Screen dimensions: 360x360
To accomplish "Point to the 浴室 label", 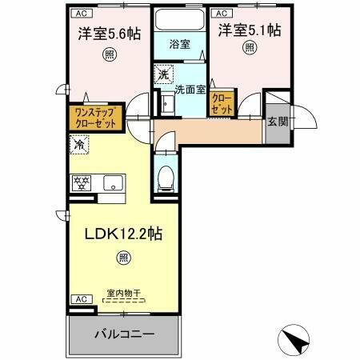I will click(x=179, y=44).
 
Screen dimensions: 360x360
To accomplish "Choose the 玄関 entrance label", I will click(x=278, y=122).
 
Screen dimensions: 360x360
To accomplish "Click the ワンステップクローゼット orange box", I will click(x=96, y=118).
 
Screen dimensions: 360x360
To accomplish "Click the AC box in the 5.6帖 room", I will click(x=82, y=13).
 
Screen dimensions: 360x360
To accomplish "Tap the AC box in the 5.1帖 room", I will click(x=222, y=13).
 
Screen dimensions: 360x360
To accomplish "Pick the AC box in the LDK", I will click(x=81, y=298).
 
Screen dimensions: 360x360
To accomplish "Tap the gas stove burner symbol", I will click(x=81, y=182).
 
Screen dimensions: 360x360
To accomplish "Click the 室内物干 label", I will click(x=123, y=294).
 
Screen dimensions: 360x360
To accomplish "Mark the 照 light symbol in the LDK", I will click(x=122, y=257).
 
